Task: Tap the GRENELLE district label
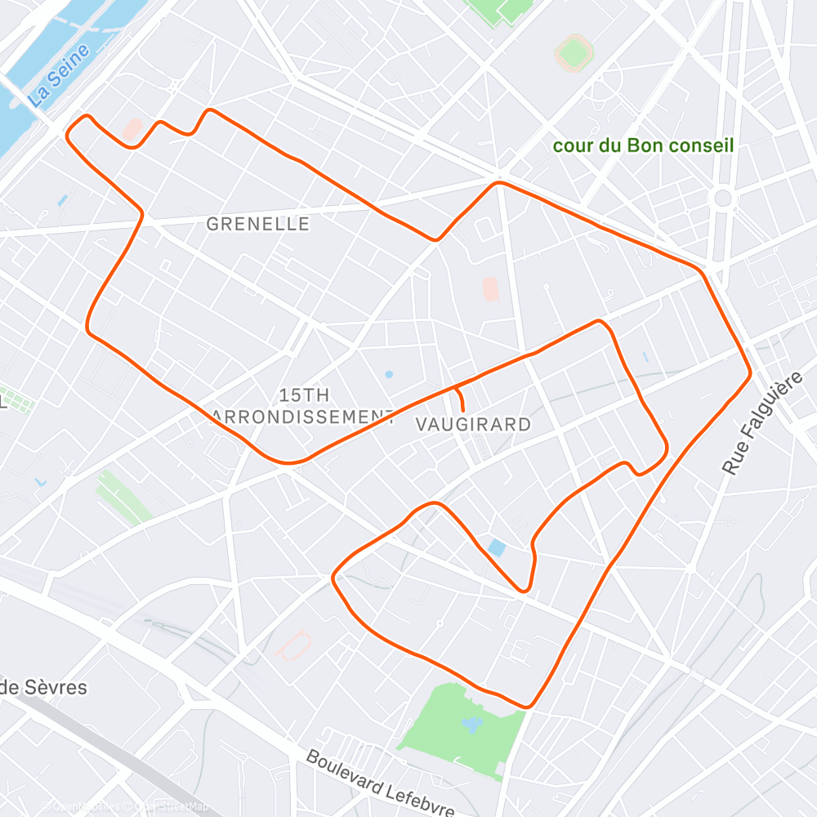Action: pyautogui.click(x=258, y=224)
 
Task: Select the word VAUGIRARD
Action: pyautogui.click(x=473, y=425)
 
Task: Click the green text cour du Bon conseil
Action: pyautogui.click(x=643, y=146)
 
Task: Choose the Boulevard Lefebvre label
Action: pyautogui.click(x=380, y=782)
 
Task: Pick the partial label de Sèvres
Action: pyautogui.click(x=42, y=687)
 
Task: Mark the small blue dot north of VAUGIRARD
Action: pyautogui.click(x=389, y=374)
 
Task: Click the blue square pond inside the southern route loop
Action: pyautogui.click(x=496, y=547)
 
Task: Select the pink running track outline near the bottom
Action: pyautogui.click(x=292, y=645)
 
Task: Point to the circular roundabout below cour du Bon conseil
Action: pyautogui.click(x=722, y=199)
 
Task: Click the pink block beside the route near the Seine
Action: pyautogui.click(x=132, y=129)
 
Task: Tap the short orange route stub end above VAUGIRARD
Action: pyautogui.click(x=463, y=408)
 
